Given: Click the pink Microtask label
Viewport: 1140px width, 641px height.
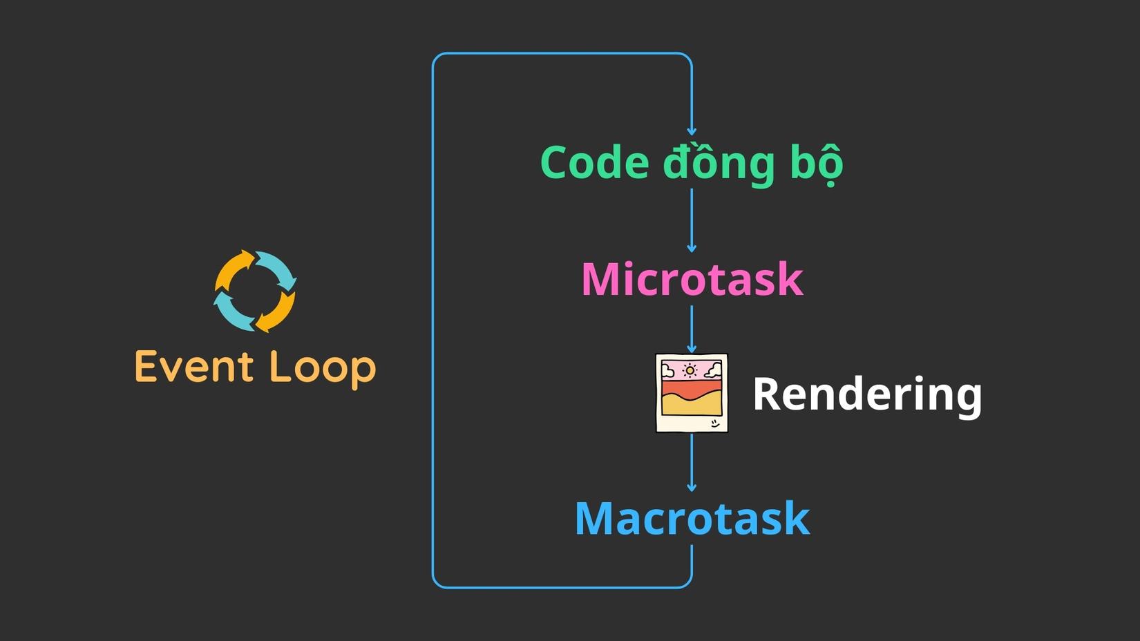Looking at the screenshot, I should point(692,280).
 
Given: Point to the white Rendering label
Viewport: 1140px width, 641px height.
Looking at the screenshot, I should point(866,394).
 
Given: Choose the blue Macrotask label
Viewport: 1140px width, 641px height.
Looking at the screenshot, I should point(692,519).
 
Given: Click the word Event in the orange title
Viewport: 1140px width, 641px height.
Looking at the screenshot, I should point(194,367).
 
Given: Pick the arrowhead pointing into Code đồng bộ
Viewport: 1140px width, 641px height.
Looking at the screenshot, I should point(692,131).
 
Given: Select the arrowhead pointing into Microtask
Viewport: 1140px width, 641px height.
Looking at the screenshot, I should point(692,248).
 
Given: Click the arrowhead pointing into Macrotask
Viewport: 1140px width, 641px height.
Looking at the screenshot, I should point(692,488).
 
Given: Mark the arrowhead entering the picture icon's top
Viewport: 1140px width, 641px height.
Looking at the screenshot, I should point(692,350).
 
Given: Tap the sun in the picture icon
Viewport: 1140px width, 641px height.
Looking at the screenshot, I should point(690,371).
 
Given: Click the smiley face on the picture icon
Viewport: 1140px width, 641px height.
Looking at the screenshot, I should point(714,423).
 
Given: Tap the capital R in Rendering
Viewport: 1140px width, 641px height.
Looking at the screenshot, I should point(766,394).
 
